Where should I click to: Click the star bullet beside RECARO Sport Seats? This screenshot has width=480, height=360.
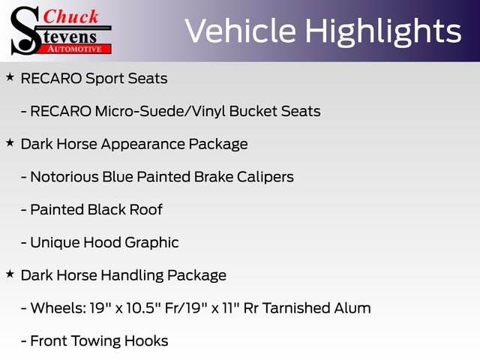[x=10, y=77]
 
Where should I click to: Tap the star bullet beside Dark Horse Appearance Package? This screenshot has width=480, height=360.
[x=10, y=142]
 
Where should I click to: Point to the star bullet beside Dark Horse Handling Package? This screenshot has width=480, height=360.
[x=10, y=274]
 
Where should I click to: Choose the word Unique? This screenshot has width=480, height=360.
[x=52, y=242]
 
